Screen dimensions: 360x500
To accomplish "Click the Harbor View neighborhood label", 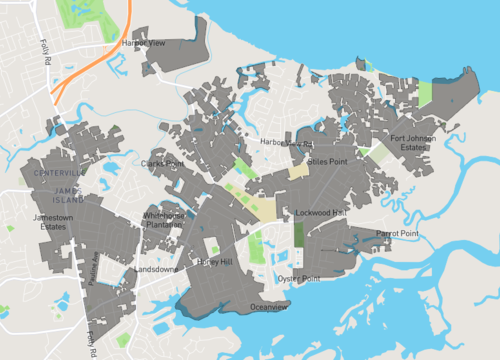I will click(143, 44).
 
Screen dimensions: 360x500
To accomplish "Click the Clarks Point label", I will click(163, 163).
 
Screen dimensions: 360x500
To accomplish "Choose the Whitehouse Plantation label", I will click(164, 220).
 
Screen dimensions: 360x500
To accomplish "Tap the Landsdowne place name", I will click(156, 269).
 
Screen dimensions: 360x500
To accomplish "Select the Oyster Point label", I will click(299, 278).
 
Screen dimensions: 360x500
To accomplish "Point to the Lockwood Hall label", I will click(320, 213).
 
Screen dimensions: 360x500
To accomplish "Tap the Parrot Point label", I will click(397, 233).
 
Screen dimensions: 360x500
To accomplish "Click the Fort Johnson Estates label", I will click(411, 143).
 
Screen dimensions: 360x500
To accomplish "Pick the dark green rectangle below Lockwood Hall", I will click(299, 236).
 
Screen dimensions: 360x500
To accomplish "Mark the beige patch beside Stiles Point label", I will click(299, 171).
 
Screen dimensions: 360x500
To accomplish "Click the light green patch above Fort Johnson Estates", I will click(425, 95).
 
